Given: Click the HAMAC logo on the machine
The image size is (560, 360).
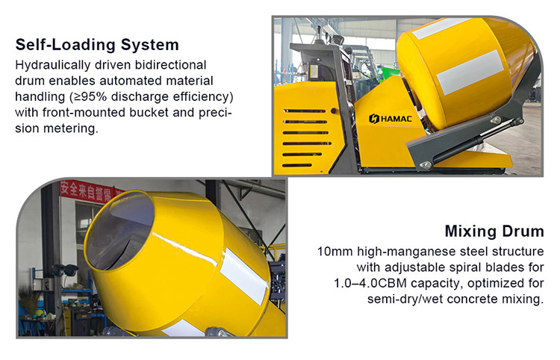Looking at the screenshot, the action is [391, 119].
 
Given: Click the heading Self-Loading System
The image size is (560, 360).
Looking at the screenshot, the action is [97, 45].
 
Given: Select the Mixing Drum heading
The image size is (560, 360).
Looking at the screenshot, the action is [494, 231].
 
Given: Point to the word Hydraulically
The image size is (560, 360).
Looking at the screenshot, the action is [53, 66].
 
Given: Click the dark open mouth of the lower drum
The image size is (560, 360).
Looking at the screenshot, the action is [119, 232].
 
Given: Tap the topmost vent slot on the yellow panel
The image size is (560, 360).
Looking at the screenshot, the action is [305, 111].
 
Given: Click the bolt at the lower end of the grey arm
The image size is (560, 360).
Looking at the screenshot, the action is [426, 165].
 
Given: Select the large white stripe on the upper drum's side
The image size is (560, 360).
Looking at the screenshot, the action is [470, 72].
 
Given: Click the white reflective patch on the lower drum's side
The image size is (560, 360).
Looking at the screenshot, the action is [243, 276].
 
